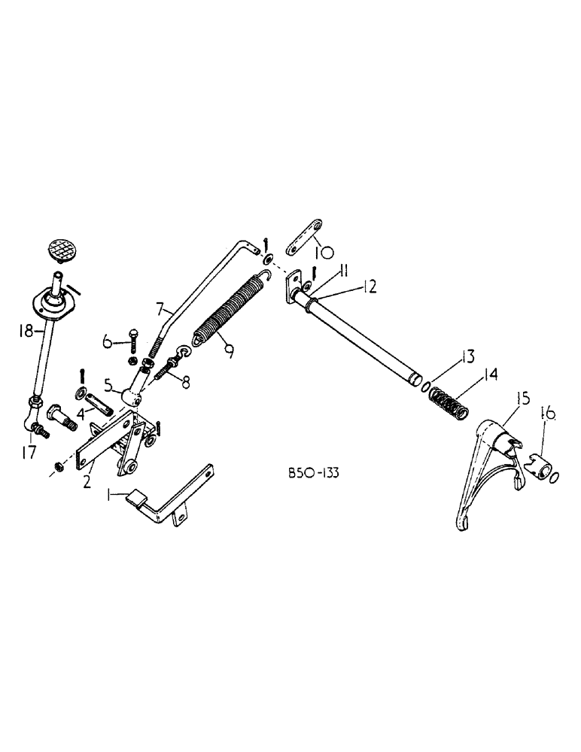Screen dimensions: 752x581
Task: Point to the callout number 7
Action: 159,307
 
